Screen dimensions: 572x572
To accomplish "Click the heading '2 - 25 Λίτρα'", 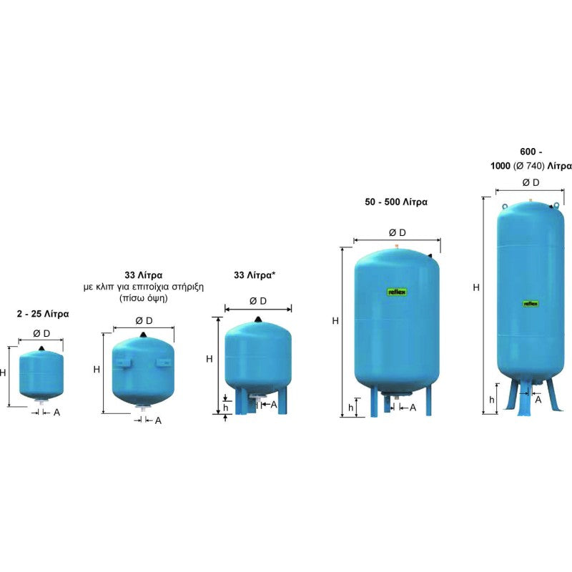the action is click(x=43, y=314).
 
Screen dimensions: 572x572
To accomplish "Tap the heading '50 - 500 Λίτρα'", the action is click(x=396, y=202).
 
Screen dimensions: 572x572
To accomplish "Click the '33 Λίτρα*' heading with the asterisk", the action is click(x=255, y=275).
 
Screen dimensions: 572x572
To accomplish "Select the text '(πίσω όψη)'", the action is click(x=144, y=298).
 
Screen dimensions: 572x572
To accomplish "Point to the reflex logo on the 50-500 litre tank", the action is click(x=397, y=292).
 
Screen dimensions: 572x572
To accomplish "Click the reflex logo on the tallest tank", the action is click(x=531, y=303).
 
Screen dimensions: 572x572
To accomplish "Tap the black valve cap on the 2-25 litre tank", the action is click(x=41, y=349).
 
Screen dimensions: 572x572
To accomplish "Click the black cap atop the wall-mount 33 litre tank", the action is click(x=144, y=335).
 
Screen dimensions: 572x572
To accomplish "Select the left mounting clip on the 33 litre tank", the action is click(x=123, y=363).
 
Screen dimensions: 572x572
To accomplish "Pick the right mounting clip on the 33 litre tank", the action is click(x=164, y=363).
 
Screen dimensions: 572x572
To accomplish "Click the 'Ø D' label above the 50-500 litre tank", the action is click(x=398, y=232).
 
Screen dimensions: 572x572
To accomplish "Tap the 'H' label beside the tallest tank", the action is click(x=476, y=287).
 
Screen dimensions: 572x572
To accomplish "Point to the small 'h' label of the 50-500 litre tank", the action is click(x=350, y=407).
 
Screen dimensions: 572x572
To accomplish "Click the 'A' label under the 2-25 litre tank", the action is click(x=56, y=413).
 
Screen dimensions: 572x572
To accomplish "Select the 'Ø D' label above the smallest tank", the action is click(x=41, y=333).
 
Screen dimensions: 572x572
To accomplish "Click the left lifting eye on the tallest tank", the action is click(x=505, y=207).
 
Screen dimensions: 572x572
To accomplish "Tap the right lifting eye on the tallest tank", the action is click(x=557, y=205).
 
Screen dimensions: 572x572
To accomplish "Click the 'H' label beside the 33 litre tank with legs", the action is click(x=209, y=359).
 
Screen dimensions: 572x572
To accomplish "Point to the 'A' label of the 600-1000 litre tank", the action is click(x=538, y=400).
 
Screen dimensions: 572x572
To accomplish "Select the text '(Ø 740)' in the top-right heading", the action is click(x=529, y=166).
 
